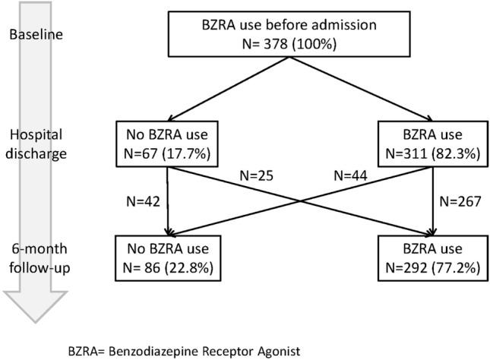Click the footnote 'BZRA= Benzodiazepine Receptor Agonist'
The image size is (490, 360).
coord(184,351)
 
